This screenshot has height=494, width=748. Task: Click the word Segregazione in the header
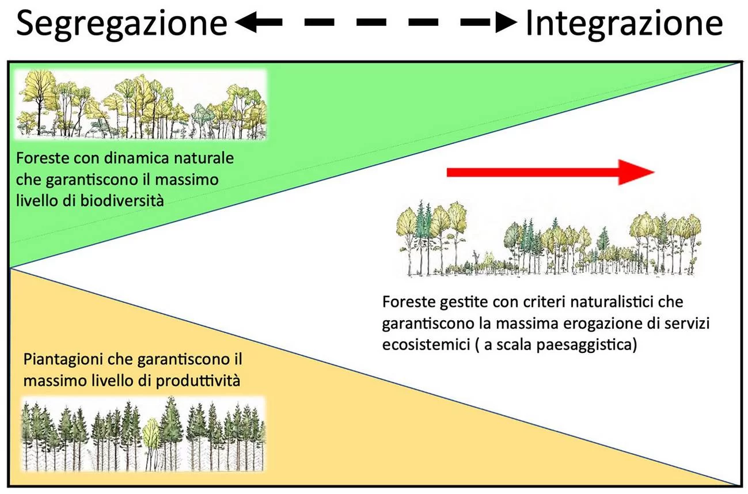[121, 24]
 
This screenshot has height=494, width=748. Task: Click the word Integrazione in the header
[624, 24]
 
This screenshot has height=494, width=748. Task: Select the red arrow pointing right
[550, 172]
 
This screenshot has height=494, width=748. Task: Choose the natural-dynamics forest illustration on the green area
[142, 104]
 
